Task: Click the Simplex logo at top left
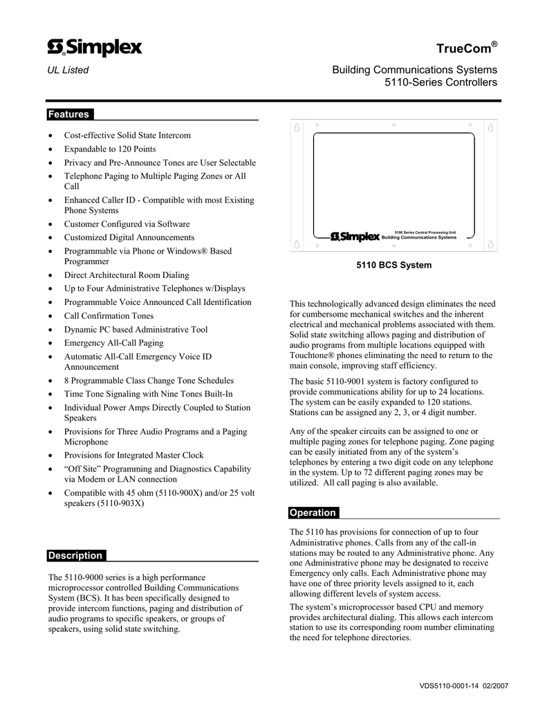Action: (95, 47)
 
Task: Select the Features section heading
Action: (68, 114)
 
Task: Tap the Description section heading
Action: (75, 555)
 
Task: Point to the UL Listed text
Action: (68, 70)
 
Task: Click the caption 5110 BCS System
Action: (393, 265)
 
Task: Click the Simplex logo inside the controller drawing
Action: (355, 237)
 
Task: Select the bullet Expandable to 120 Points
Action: (110, 149)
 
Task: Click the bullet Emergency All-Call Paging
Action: (114, 342)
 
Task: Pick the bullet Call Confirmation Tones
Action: (109, 315)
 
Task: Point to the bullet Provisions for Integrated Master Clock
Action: (134, 455)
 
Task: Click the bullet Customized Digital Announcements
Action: (129, 237)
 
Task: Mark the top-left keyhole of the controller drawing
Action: (296, 129)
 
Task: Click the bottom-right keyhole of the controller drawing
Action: (491, 244)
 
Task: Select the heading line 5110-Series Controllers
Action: (441, 83)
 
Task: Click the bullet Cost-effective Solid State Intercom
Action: (127, 136)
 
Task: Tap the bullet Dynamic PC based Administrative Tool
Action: (136, 329)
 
